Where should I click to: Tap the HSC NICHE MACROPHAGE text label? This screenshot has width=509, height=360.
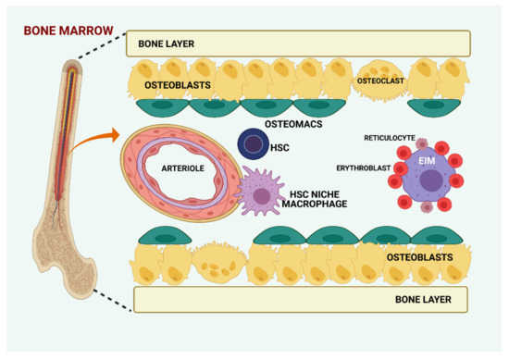tap(317, 197)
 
